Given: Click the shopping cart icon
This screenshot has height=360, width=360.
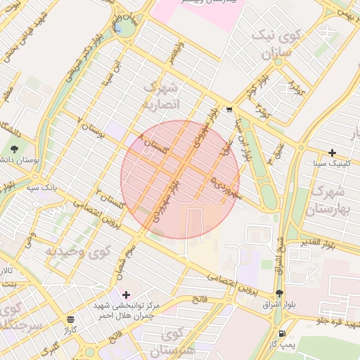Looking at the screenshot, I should [x=229, y=109].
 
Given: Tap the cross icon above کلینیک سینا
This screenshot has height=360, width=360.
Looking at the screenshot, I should [x=332, y=153].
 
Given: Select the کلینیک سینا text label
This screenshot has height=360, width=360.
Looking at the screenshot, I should [x=333, y=163].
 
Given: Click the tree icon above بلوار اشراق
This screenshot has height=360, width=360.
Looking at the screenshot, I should [x=280, y=293].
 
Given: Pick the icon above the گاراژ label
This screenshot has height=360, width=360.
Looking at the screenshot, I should [x=70, y=319].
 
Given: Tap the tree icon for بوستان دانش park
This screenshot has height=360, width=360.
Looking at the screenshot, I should [x=15, y=148].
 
